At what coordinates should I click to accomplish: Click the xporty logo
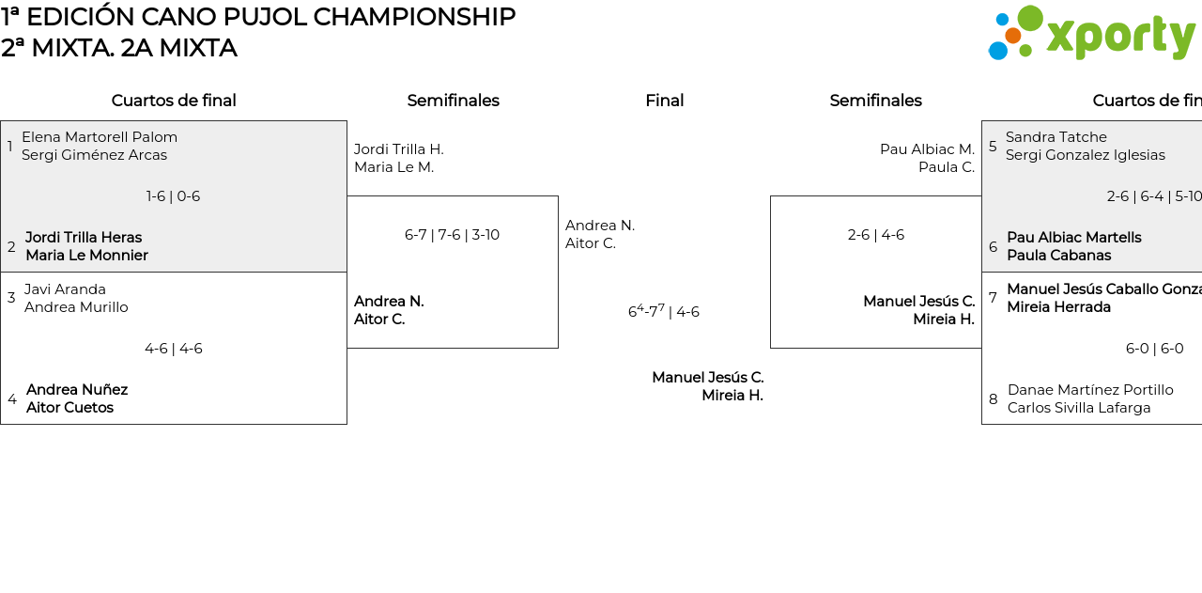[1091, 34]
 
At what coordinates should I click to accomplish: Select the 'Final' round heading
[664, 101]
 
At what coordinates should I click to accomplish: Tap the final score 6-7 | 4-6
[664, 311]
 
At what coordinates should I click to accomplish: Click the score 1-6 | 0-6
[173, 196]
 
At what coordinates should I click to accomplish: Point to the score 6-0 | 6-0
[1154, 349]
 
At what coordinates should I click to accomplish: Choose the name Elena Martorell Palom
[100, 137]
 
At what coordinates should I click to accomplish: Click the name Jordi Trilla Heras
[84, 238]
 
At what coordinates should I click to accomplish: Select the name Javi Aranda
[65, 289]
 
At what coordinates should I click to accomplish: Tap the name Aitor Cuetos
[69, 408]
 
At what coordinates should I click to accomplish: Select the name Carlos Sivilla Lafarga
[1079, 408]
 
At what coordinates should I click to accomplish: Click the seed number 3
[11, 298]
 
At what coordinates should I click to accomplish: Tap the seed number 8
[994, 399]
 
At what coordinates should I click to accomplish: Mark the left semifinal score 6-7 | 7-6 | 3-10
[452, 235]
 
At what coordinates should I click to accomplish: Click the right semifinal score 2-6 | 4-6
[875, 235]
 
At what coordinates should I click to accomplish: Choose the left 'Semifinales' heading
[453, 101]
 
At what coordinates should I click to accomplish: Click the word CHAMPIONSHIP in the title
[414, 17]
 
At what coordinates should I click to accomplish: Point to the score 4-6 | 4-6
[173, 349]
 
